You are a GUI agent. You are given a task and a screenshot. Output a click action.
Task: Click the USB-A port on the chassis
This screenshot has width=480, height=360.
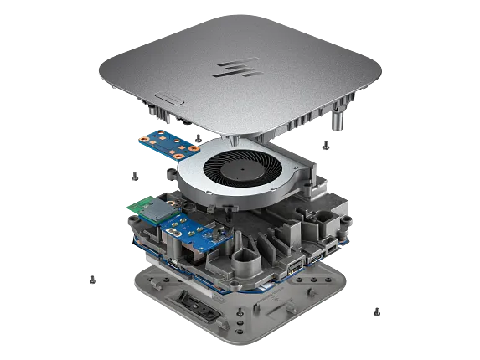pos(296,268)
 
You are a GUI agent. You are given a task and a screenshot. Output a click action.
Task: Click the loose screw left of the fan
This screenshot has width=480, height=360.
pos(133,175)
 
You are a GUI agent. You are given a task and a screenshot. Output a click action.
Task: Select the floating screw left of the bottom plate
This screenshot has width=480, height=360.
pos(94,280)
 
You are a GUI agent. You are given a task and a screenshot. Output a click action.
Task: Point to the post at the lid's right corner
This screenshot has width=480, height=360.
pos(338,118)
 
